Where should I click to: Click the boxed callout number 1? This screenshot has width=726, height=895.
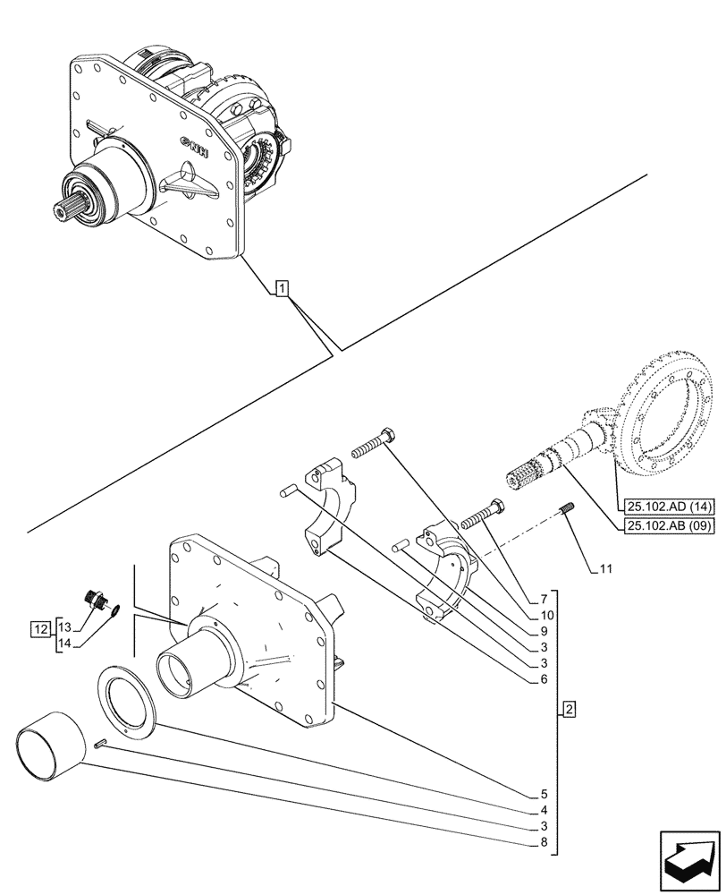[282, 288]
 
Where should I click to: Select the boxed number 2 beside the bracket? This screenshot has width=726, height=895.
[569, 711]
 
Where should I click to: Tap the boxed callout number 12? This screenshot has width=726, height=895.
[39, 629]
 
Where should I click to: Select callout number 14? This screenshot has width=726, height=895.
[65, 642]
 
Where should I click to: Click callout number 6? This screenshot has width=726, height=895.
[543, 679]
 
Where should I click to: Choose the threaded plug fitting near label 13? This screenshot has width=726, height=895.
[94, 599]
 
